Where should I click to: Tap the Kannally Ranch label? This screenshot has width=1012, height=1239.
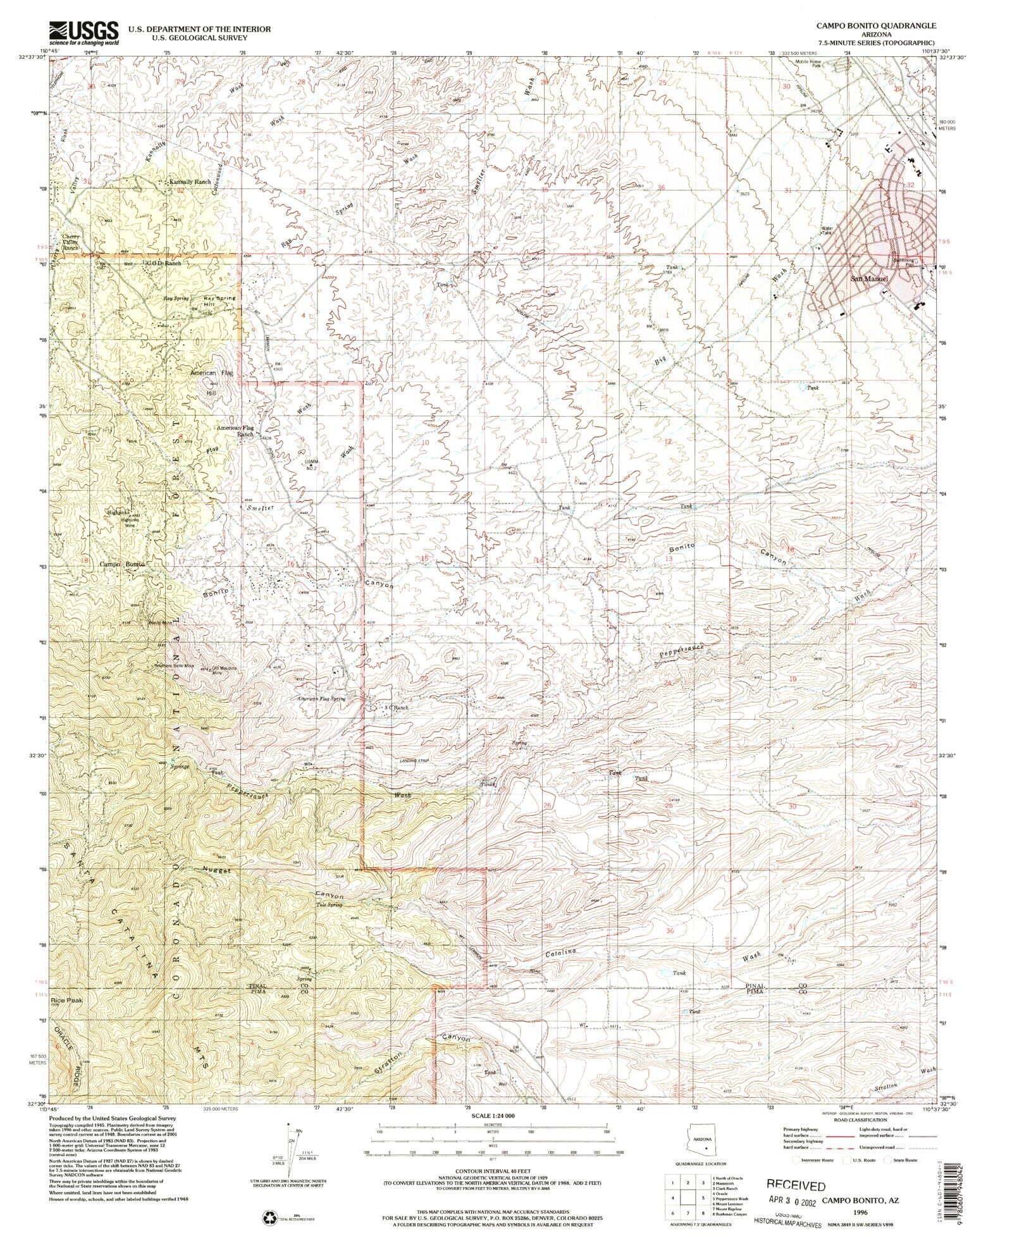click(190, 182)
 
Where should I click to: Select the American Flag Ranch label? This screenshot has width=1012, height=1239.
click(236, 431)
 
